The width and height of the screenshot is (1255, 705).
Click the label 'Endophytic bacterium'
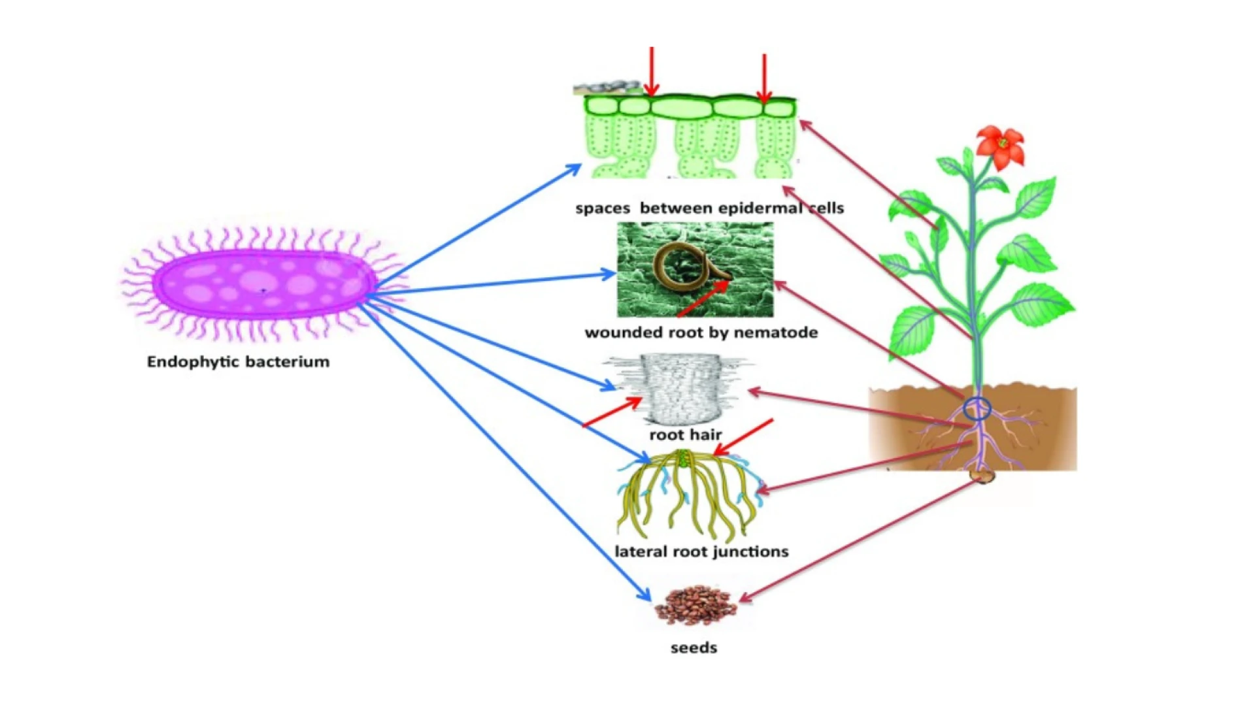pos(238,362)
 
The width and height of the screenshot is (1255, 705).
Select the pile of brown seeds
pos(695,605)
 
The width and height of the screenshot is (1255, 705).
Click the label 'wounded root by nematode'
pos(701,333)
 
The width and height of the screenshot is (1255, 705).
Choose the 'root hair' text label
pos(685,435)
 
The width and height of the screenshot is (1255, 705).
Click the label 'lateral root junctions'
pos(701,551)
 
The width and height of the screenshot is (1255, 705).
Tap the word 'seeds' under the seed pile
pos(694,648)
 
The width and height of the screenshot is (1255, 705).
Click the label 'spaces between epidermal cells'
pos(709,208)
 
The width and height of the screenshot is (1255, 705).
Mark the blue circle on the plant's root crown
pos(977,409)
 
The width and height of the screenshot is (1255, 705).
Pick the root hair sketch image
pos(680,387)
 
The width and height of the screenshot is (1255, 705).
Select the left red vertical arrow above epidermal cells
pos(651,72)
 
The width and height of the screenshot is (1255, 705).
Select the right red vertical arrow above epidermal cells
pos(763,78)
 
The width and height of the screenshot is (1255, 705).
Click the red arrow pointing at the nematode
pos(703,299)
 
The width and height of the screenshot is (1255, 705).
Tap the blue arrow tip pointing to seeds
pos(646,597)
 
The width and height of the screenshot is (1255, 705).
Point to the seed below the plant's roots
pos(981,476)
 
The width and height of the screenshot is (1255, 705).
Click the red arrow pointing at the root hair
pos(611,413)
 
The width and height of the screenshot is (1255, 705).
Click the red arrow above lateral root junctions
pos(744,437)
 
